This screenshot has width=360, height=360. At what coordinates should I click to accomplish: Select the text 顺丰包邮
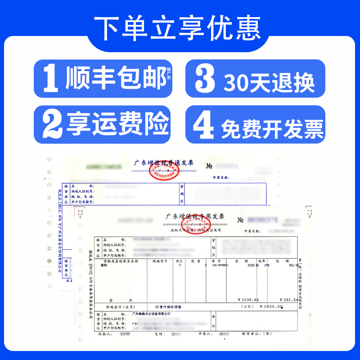[x=116, y=79]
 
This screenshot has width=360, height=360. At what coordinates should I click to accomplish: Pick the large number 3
[x=205, y=79]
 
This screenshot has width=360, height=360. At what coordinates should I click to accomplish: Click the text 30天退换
[x=269, y=82]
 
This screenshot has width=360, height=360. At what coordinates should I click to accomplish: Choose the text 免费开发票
[x=272, y=128]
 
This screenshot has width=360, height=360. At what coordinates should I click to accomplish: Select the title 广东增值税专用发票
[x=198, y=216]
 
